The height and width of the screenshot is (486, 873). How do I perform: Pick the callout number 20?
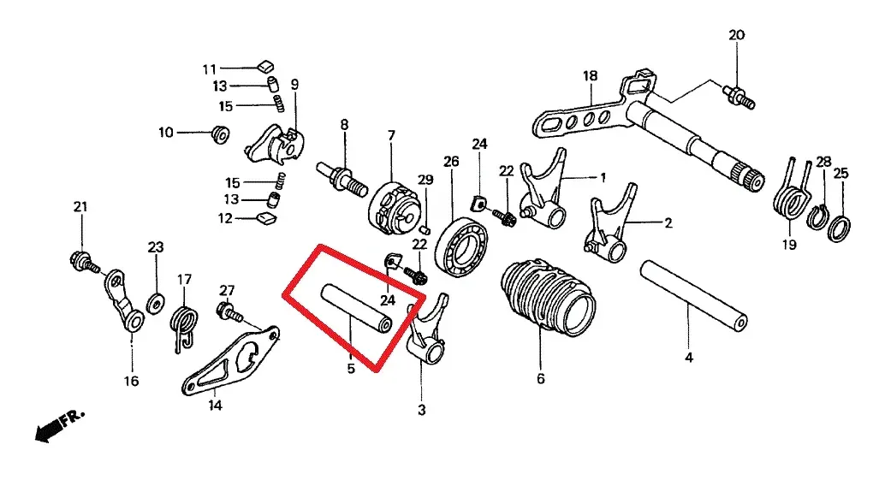click(736, 35)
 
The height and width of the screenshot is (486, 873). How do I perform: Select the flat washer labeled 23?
click(156, 302)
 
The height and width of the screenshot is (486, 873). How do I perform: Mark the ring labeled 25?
click(841, 228)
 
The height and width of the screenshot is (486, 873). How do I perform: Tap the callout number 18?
click(590, 76)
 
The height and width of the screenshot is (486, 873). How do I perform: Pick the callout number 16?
click(131, 382)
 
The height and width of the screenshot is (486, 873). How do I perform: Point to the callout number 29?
click(425, 180)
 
